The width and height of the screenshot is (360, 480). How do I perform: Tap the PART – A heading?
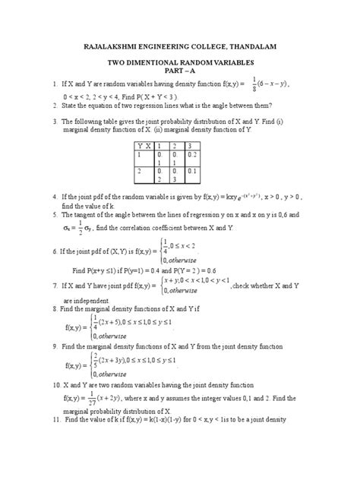(180, 74)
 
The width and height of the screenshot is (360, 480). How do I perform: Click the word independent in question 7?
(93, 299)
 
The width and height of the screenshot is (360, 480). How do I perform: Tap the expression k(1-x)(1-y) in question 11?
(172, 418)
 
